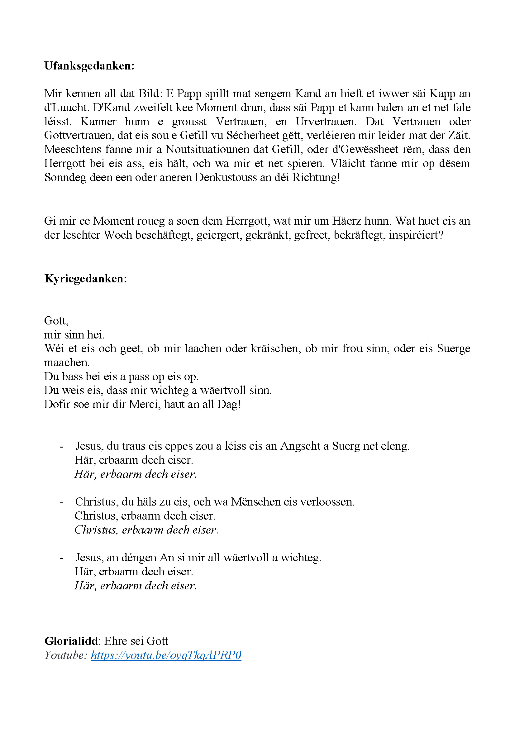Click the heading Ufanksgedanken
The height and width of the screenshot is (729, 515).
pos(89,66)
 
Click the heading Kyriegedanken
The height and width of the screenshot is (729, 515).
pos(85,279)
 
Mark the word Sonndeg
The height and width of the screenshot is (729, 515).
pos(65,177)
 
